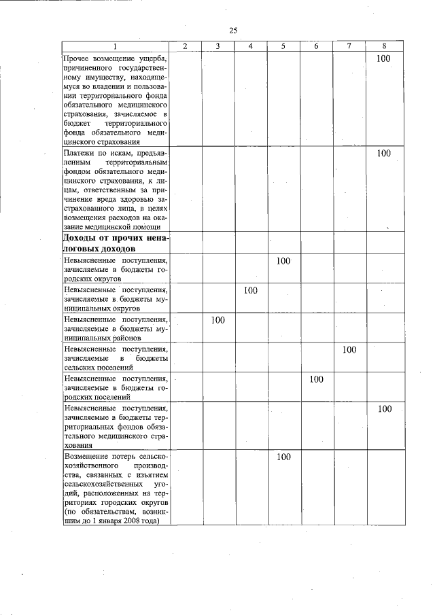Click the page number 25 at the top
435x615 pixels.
(233, 31)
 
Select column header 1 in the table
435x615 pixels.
(115, 46)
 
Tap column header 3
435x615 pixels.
(217, 46)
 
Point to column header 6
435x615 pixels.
(317, 46)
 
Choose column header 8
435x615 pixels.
(384, 46)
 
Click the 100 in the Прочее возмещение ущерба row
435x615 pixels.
(384, 59)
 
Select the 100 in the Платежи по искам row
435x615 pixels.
(384, 154)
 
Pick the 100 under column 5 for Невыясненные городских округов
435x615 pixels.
(283, 261)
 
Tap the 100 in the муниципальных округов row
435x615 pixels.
(250, 291)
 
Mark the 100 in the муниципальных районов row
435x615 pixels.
(217, 320)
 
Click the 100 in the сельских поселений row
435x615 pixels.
(349, 350)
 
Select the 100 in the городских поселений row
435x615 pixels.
(316, 379)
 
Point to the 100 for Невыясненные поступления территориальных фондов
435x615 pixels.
(384, 409)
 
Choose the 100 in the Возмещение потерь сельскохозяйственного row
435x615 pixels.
(283, 457)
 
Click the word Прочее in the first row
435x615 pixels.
(76, 59)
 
